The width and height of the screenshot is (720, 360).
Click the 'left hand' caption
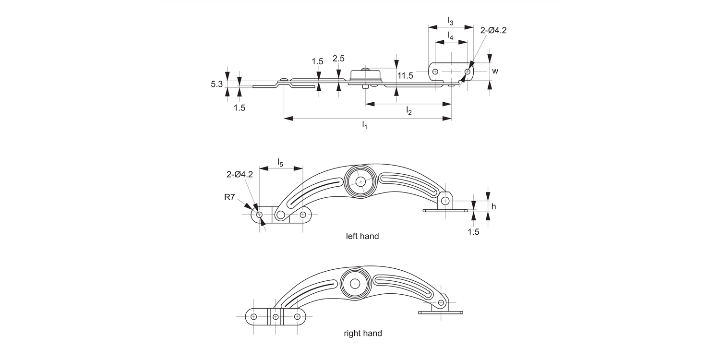pyautogui.click(x=362, y=236)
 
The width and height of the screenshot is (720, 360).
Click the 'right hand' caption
pyautogui.click(x=363, y=333)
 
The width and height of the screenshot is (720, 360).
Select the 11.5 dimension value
pyautogui.click(x=405, y=75)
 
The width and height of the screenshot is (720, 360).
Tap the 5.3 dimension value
pyautogui.click(x=216, y=84)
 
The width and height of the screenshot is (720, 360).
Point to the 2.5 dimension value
pyautogui.click(x=338, y=59)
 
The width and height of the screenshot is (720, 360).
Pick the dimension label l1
pyautogui.click(x=365, y=125)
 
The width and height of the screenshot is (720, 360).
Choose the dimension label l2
pyautogui.click(x=409, y=111)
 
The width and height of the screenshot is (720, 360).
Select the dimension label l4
pyautogui.click(x=450, y=36)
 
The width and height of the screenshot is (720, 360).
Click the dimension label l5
pyautogui.click(x=280, y=162)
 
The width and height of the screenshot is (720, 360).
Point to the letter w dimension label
pyautogui.click(x=495, y=71)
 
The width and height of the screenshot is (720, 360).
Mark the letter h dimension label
pyautogui.click(x=494, y=206)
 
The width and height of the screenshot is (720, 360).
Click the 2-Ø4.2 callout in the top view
pyautogui.click(x=493, y=30)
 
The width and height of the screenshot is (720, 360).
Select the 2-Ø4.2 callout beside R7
pyautogui.click(x=240, y=174)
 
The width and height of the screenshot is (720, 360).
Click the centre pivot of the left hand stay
pyautogui.click(x=360, y=181)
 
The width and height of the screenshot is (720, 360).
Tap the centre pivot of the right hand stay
pyautogui.click(x=355, y=284)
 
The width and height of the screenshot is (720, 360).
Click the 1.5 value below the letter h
pyautogui.click(x=473, y=232)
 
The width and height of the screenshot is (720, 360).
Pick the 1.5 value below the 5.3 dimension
pyautogui.click(x=240, y=108)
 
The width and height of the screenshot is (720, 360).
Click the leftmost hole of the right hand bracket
pyautogui.click(x=254, y=317)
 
